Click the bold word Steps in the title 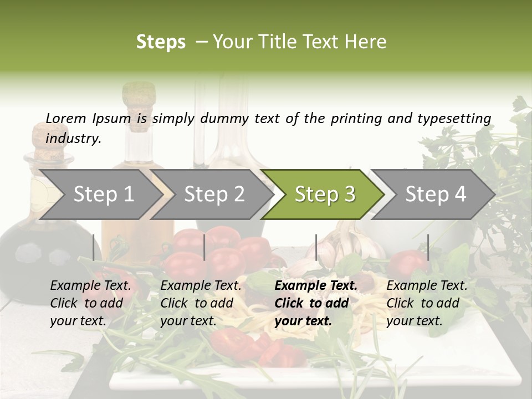tap(161, 42)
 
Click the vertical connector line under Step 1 tap(94, 247)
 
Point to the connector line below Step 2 tap(204, 247)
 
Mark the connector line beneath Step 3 tap(316, 247)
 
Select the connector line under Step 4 tap(428, 247)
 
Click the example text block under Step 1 tap(91, 303)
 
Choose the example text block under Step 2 tap(201, 303)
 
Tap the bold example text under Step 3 tap(315, 303)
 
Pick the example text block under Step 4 tap(427, 303)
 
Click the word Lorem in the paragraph tap(66, 118)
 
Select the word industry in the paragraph tap(73, 139)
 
